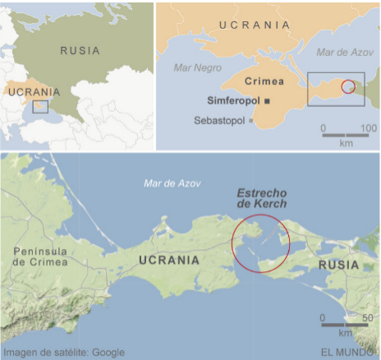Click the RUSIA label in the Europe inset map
click(80, 50)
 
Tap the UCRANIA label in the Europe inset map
click(33, 92)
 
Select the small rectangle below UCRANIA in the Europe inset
click(40, 106)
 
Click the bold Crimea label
click(264, 81)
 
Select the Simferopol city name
click(232, 100)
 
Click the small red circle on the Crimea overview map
click(349, 86)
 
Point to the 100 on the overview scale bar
click(368, 129)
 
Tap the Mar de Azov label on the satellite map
click(172, 183)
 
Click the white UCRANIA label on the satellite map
click(169, 260)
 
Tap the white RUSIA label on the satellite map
click(338, 265)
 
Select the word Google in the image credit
click(108, 352)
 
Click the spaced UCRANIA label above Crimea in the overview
click(254, 25)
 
